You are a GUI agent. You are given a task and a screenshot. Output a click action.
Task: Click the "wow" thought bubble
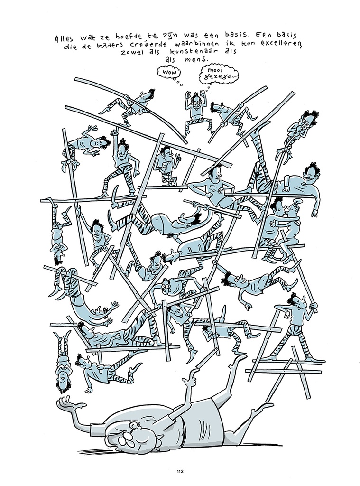click(169, 73)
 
